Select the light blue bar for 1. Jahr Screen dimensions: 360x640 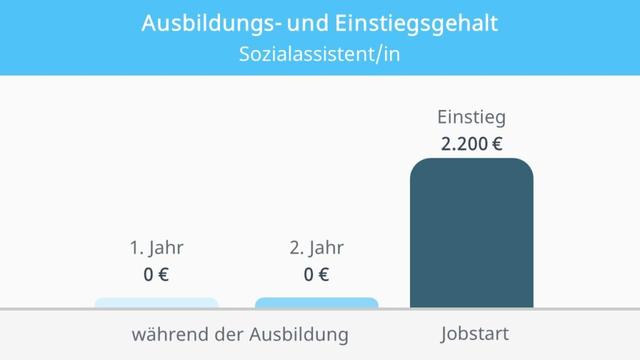click(x=156, y=302)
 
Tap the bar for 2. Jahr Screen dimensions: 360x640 click(x=316, y=302)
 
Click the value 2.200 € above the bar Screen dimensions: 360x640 click(x=471, y=144)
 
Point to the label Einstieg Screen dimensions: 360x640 click(x=471, y=117)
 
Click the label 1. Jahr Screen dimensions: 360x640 click(x=156, y=248)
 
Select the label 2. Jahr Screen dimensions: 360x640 click(x=316, y=248)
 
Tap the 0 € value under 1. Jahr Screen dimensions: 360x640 click(x=156, y=274)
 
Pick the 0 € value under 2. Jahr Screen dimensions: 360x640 click(x=316, y=274)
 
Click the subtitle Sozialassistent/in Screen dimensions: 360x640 click(x=320, y=53)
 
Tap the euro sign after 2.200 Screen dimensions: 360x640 click(x=496, y=144)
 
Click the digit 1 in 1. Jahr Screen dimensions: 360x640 click(x=133, y=248)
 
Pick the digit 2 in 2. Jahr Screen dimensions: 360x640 click(x=294, y=248)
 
